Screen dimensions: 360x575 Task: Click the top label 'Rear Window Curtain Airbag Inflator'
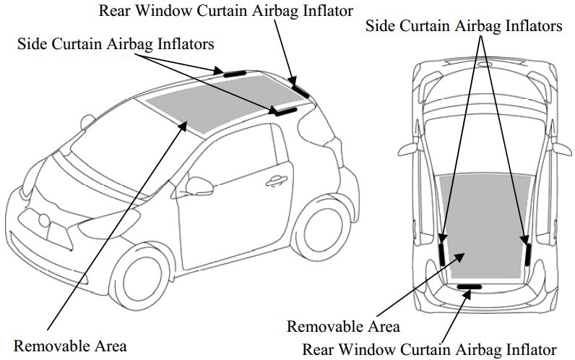tap(225, 11)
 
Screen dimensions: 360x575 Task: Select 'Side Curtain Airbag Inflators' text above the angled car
tap(116, 44)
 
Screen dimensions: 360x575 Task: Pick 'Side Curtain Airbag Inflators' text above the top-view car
tap(463, 26)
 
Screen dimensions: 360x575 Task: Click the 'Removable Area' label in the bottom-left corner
tap(70, 345)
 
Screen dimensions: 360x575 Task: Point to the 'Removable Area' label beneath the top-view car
tap(343, 326)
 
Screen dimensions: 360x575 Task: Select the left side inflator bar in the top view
tap(442, 250)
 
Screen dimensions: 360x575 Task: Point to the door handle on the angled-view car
tap(275, 181)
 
